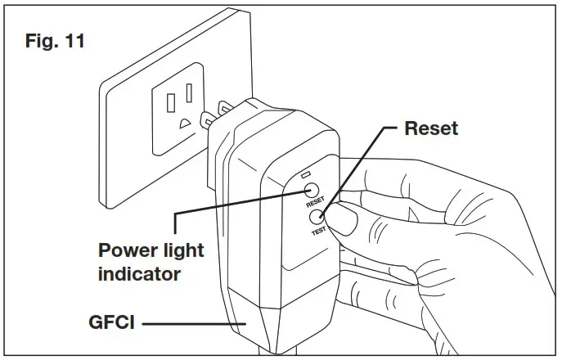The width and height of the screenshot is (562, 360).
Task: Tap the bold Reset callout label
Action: pos(431,129)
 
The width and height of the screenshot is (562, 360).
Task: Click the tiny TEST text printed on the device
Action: pos(317,232)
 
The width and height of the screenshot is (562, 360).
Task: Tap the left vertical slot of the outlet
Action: pos(171,102)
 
